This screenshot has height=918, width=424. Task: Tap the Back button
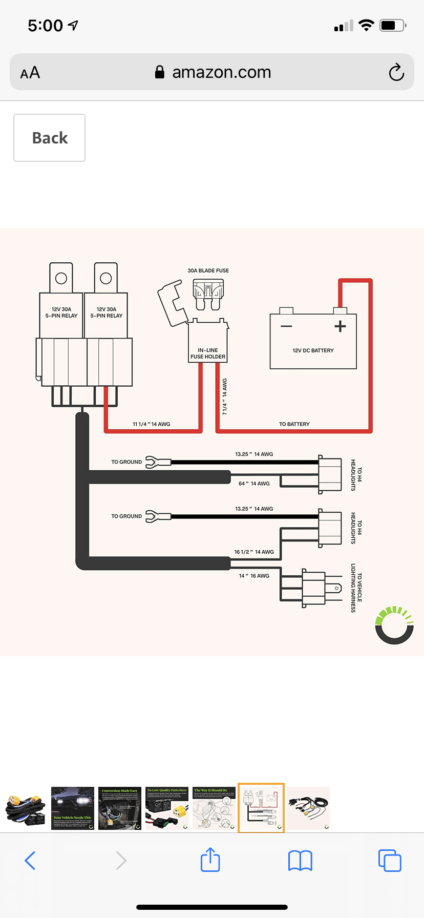point(50,138)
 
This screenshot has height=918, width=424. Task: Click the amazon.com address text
point(221,72)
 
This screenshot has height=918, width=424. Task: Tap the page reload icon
point(396,72)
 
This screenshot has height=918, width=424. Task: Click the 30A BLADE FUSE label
point(208,270)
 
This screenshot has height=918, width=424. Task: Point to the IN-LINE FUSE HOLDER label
point(208,353)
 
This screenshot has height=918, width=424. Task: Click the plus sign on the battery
point(340,326)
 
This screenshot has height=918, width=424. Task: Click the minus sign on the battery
point(286,326)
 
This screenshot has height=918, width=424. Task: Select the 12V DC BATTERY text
point(313,350)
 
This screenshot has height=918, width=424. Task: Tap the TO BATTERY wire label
point(294,424)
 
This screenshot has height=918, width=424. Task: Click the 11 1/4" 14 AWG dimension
point(151,424)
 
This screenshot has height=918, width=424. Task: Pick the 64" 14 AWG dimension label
point(254,484)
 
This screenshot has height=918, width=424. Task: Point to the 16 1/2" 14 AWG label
point(254,552)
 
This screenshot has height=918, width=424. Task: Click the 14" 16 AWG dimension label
point(254,576)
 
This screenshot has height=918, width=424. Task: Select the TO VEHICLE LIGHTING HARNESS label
point(356,588)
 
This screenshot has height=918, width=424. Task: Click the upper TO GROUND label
point(126,462)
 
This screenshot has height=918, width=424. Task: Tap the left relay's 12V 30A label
point(61,309)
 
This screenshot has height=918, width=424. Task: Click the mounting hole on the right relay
point(106,278)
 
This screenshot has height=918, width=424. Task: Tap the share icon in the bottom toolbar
point(210,860)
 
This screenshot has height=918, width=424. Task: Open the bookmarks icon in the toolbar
point(300,861)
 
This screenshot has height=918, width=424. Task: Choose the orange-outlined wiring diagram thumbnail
point(261,808)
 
